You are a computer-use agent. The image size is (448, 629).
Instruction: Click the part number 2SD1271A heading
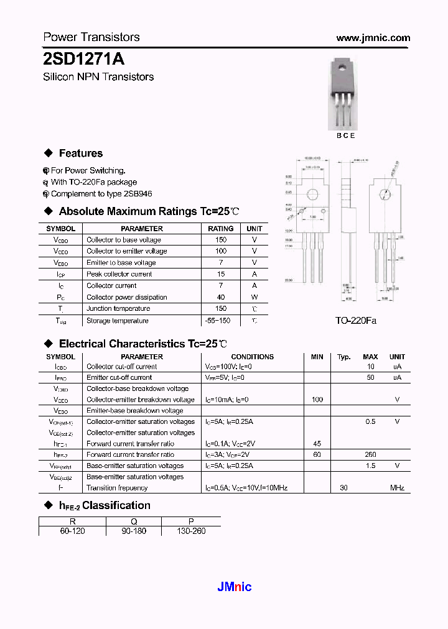pyautogui.click(x=84, y=59)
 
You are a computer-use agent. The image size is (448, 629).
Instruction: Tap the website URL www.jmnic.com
pyautogui.click(x=373, y=38)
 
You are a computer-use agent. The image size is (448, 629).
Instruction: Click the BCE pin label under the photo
pyautogui.click(x=345, y=135)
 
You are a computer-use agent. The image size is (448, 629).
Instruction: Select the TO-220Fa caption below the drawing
pyautogui.click(x=356, y=321)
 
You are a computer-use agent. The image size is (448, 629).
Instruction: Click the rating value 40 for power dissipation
pyautogui.click(x=220, y=297)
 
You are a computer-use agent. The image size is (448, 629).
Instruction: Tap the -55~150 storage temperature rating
pyautogui.click(x=217, y=321)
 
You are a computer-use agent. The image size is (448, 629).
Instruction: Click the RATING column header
pyautogui.click(x=220, y=229)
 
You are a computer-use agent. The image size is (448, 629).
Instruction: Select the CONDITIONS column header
pyautogui.click(x=252, y=357)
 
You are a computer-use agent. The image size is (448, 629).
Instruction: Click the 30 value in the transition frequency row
pyautogui.click(x=343, y=488)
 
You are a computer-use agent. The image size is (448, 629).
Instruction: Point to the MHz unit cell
pyautogui.click(x=397, y=488)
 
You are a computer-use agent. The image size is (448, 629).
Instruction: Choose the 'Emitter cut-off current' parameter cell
pyautogui.click(x=119, y=377)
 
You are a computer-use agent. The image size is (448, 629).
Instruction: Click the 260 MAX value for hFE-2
pyautogui.click(x=370, y=455)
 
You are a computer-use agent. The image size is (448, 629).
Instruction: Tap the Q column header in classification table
pyautogui.click(x=133, y=521)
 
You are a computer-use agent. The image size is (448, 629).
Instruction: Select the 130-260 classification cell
pyautogui.click(x=190, y=531)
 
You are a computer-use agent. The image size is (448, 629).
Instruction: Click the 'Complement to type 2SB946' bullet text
pyautogui.click(x=101, y=194)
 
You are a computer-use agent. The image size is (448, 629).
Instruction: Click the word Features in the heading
pyautogui.click(x=81, y=154)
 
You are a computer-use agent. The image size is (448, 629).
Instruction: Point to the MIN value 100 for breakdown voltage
pyautogui.click(x=317, y=400)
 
